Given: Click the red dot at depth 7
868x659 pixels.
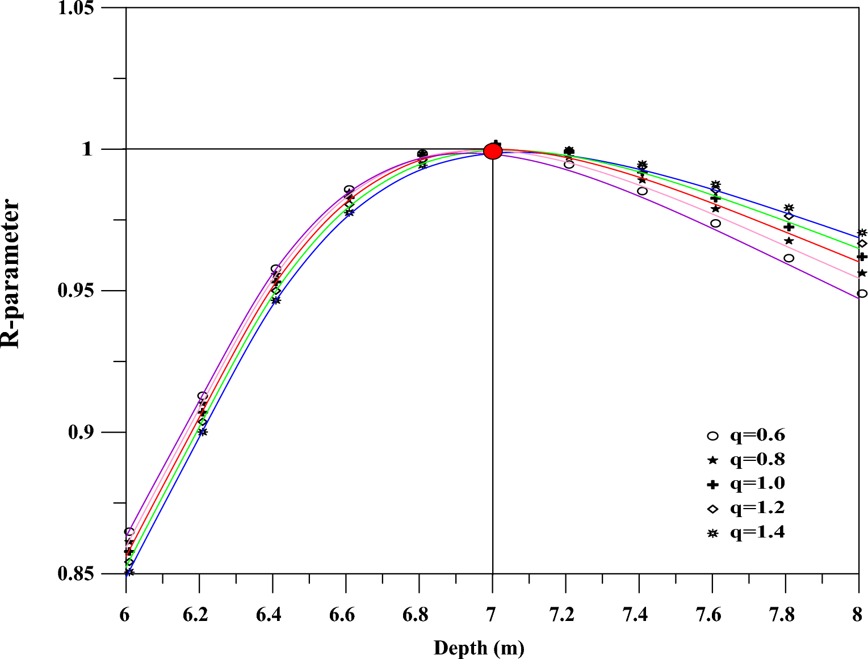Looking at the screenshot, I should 493,151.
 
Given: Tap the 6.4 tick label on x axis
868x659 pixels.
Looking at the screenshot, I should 269,615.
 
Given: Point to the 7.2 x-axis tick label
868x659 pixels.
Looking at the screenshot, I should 562,615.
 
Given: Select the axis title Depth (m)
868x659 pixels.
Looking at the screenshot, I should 479,648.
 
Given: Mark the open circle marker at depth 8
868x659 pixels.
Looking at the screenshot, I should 862,293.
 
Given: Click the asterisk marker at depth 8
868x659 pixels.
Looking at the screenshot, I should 862,233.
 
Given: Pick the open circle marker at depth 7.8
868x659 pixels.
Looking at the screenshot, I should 789,258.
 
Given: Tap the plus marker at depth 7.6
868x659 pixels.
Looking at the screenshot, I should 715,198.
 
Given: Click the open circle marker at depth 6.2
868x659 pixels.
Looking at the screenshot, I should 203,396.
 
